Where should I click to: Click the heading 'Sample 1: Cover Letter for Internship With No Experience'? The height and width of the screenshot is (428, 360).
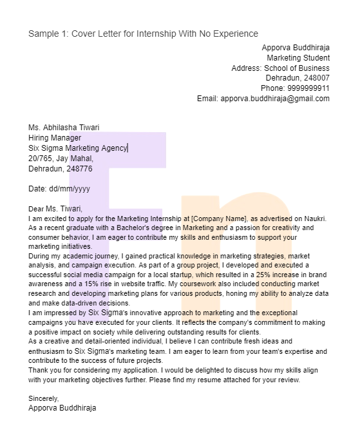click(143, 34)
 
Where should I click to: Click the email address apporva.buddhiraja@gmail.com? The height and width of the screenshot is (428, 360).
click(275, 99)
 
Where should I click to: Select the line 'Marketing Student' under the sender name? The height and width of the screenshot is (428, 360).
click(298, 58)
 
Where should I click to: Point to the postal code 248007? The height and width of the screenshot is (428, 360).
click(316, 78)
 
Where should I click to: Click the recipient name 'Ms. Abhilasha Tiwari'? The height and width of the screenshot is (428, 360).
click(64, 128)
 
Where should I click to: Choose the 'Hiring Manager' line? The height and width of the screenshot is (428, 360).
click(55, 138)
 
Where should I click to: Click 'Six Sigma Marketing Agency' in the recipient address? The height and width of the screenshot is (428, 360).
click(78, 148)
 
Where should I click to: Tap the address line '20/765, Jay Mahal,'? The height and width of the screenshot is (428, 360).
click(61, 159)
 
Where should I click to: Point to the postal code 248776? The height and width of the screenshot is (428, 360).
click(79, 169)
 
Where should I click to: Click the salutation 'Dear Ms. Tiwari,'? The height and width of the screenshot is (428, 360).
click(55, 209)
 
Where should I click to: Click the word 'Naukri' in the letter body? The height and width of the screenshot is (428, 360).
click(314, 219)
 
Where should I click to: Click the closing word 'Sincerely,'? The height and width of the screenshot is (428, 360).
click(44, 398)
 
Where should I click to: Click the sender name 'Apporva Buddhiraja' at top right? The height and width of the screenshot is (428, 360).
click(295, 48)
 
